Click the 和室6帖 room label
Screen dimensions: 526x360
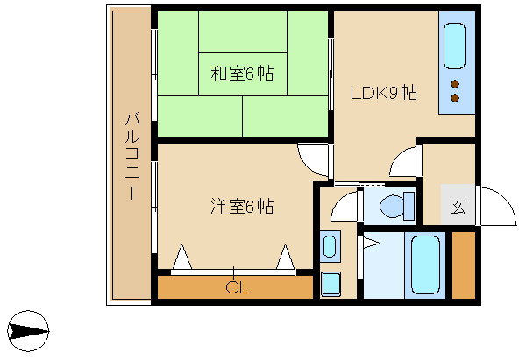click(242, 73)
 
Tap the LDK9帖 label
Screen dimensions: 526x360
click(384, 93)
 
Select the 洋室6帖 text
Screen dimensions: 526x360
click(242, 206)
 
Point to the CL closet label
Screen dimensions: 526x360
click(238, 287)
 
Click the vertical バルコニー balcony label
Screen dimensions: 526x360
click(132, 157)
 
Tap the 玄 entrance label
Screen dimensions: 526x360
click(458, 206)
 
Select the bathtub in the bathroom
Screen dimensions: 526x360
click(425, 265)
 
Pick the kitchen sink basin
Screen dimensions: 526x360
click(454, 46)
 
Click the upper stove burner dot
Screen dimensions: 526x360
click(455, 84)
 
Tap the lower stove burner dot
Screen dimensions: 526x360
click(455, 98)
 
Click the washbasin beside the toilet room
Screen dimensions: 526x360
click(331, 246)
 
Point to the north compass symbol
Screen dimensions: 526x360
click(28, 331)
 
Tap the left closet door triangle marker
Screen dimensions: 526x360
click(181, 257)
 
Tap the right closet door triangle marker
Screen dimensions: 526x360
click(286, 257)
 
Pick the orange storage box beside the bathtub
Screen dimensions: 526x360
click(464, 265)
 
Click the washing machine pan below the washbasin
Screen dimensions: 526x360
click(331, 285)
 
